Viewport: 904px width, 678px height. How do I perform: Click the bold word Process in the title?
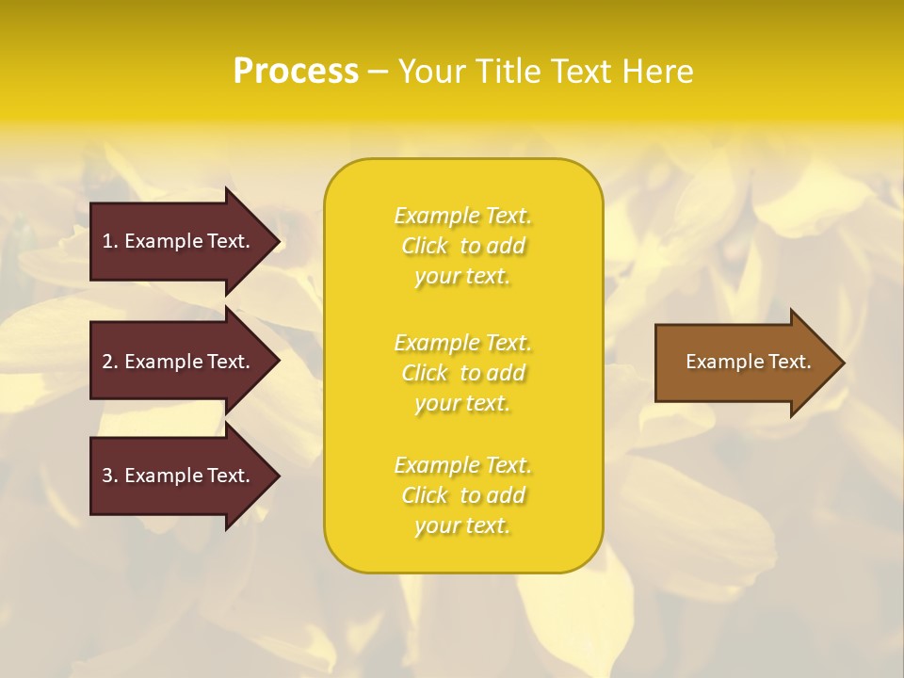click(296, 72)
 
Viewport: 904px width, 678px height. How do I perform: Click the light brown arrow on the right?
click(744, 363)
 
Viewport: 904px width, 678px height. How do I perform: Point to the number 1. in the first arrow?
click(109, 241)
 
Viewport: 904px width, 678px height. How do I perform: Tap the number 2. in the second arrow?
click(109, 362)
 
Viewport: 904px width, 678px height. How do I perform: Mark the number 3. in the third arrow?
click(109, 476)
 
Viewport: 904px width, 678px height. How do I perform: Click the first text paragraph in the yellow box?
click(462, 246)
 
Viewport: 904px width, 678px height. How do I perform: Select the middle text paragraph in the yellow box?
click(462, 373)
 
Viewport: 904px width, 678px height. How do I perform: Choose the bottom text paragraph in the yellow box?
click(462, 495)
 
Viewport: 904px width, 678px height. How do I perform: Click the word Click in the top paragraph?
click(425, 246)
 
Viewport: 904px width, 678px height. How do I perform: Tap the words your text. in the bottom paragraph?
click(462, 525)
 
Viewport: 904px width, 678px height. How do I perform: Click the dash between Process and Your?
click(378, 73)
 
